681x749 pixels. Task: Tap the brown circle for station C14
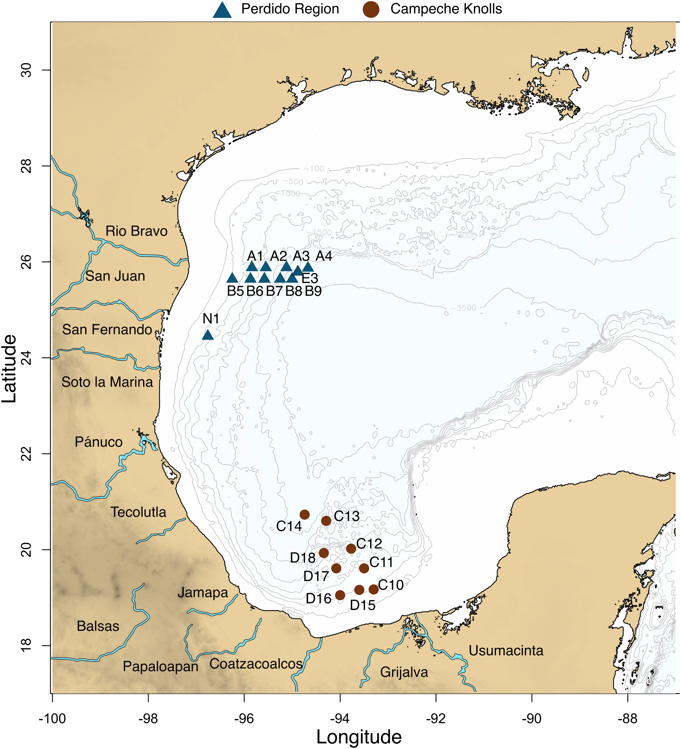click(305, 515)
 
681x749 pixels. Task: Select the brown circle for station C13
click(326, 521)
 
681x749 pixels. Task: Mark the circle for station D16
click(340, 595)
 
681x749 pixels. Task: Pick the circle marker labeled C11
click(364, 568)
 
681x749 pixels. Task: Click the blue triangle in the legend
click(223, 10)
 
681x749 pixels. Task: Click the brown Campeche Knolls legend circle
click(371, 9)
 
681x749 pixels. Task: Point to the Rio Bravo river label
click(136, 231)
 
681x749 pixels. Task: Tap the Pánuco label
click(99, 442)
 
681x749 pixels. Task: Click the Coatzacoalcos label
click(256, 664)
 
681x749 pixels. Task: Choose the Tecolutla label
click(138, 512)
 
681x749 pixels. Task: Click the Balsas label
click(98, 626)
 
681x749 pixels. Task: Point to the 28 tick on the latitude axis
click(26, 166)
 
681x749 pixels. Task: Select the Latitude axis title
click(9, 369)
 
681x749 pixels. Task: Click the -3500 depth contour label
click(463, 308)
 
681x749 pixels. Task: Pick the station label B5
click(235, 291)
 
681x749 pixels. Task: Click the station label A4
click(324, 256)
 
